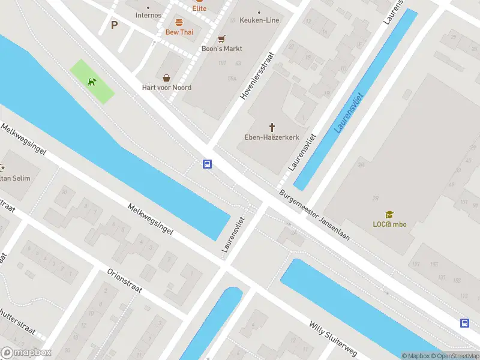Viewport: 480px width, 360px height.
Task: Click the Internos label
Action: (148, 15)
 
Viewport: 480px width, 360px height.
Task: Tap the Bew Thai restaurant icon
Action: (179, 22)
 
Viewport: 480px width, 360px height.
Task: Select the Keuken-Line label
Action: (259, 20)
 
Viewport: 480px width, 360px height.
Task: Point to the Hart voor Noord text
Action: (166, 88)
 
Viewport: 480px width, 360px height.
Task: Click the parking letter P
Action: (114, 25)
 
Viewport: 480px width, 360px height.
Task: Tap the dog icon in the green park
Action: (91, 82)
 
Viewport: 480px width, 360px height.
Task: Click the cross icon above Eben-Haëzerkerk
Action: (272, 127)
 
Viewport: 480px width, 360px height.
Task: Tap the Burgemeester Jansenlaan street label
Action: (314, 216)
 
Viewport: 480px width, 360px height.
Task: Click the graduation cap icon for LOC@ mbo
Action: (389, 215)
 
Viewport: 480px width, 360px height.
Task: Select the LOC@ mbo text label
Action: (389, 224)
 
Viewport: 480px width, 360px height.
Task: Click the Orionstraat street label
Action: (124, 280)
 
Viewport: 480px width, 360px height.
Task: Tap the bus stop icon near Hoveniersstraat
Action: (207, 164)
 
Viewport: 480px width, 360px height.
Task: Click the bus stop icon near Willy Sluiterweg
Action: (464, 323)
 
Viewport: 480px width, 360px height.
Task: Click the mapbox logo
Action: (26, 352)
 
